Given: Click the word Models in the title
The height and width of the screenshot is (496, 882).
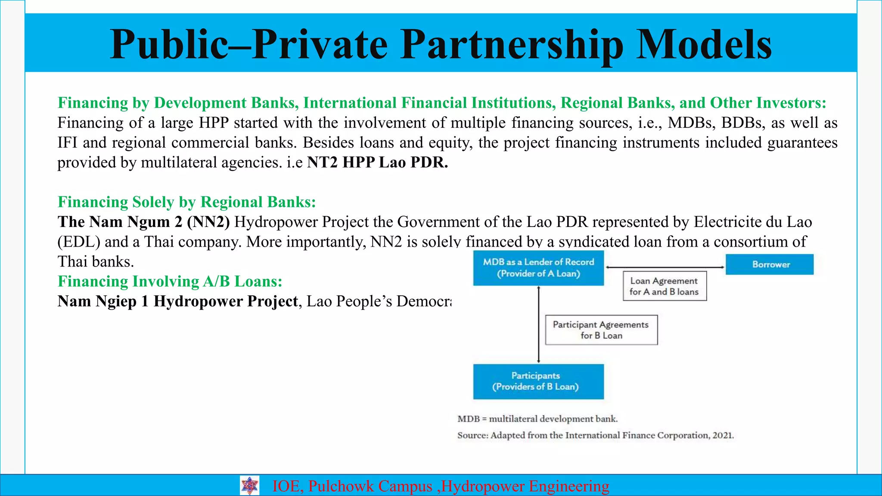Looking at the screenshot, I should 704,45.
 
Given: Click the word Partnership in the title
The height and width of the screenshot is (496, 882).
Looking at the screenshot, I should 512,45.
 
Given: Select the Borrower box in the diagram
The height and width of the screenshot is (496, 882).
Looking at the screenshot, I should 770,264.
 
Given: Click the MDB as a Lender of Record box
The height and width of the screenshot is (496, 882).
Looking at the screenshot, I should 538,268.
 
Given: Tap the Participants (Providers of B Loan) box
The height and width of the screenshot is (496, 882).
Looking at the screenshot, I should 538,381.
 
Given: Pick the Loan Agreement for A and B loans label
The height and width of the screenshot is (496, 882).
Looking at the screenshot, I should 665,286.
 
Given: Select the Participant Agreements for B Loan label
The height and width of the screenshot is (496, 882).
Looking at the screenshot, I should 601,330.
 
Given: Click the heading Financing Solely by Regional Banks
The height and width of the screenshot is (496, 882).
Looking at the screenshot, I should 186,202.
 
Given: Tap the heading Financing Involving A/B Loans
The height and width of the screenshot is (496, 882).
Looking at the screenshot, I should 170,281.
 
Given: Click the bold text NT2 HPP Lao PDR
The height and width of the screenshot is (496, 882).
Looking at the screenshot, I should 377,162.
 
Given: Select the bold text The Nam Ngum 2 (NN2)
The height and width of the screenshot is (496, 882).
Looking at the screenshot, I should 143,222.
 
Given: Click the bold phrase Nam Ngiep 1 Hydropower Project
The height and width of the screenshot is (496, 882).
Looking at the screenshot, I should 177,301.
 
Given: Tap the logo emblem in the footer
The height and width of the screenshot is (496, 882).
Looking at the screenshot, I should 250,486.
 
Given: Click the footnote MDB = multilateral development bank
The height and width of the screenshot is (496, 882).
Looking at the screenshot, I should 537,419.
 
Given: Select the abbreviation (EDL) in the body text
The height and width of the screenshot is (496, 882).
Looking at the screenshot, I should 79,242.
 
